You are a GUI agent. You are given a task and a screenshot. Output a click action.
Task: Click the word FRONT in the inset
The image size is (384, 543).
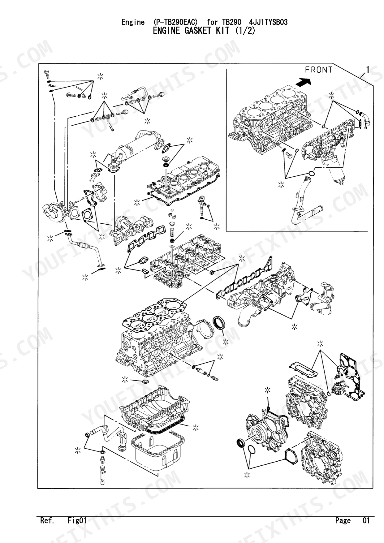[318, 70]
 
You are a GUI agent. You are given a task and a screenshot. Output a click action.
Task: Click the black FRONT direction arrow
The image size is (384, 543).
[304, 82]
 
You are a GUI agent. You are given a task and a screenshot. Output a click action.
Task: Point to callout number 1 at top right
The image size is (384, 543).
[368, 70]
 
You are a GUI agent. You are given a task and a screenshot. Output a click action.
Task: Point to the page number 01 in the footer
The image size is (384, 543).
[366, 520]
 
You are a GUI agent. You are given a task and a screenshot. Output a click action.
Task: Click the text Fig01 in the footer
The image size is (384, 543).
[77, 520]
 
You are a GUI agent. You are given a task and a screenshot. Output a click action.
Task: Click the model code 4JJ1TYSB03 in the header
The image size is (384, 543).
[268, 22]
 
